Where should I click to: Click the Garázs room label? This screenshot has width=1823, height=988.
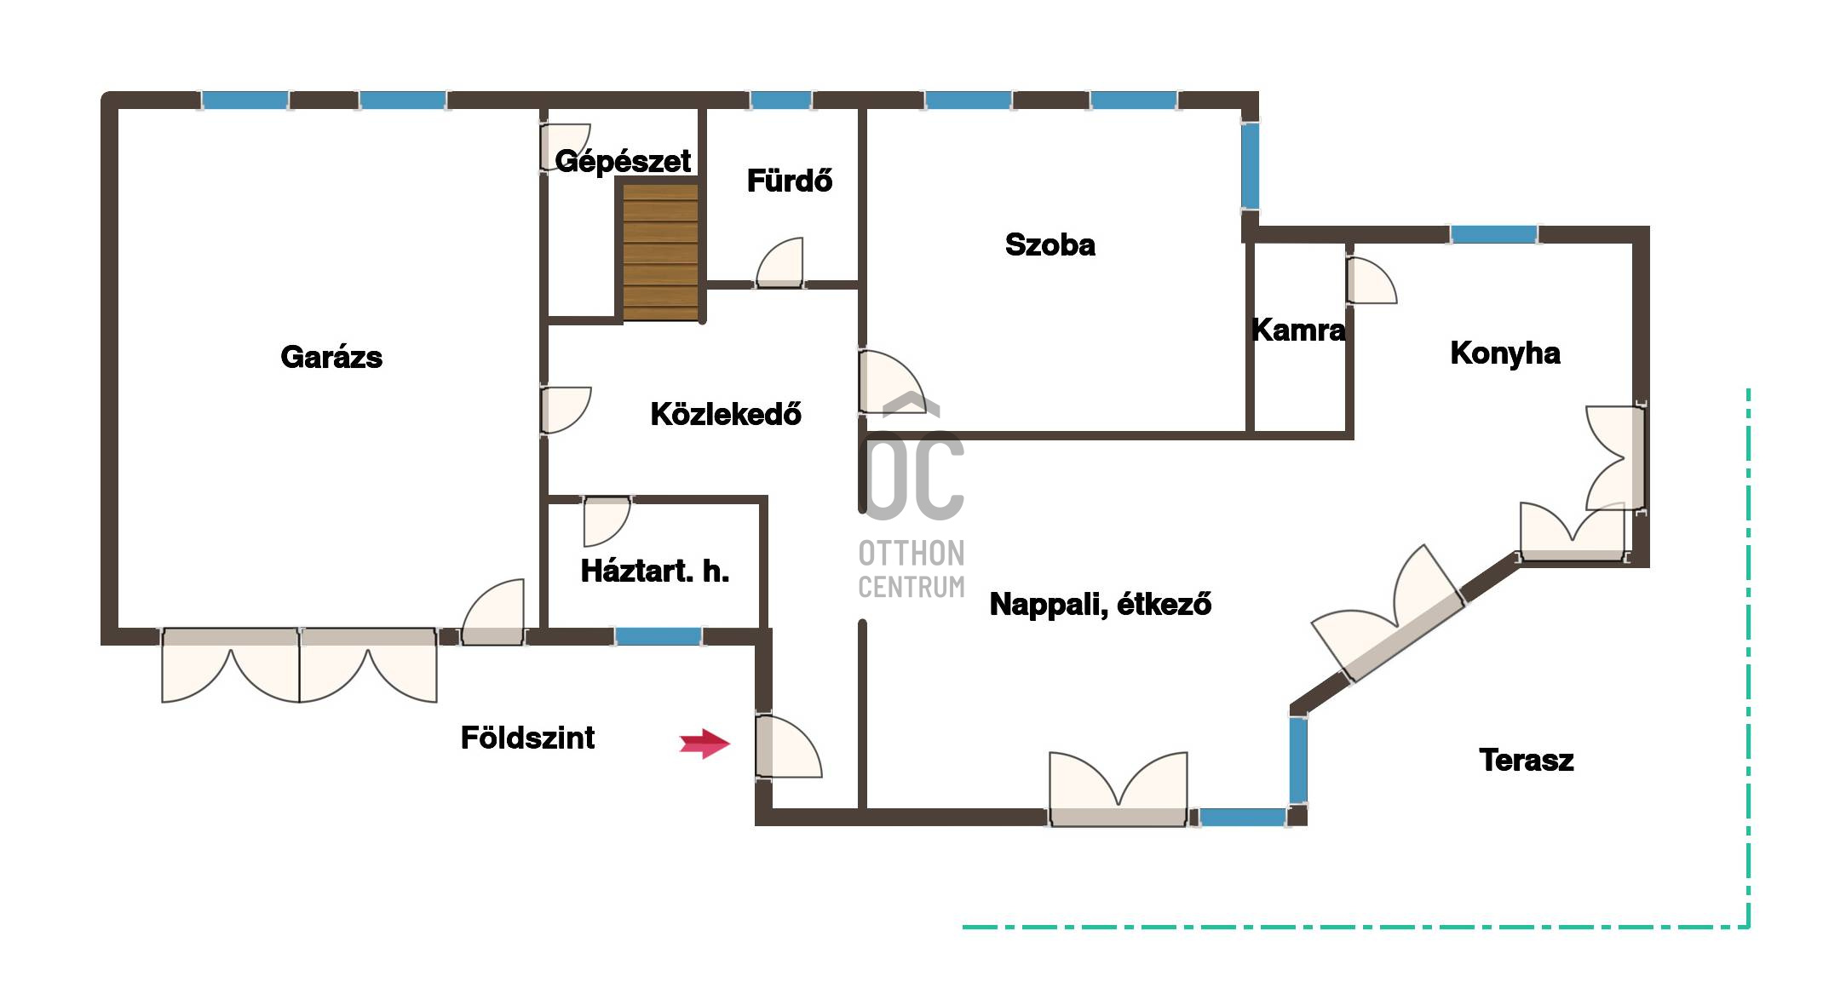pos(331,357)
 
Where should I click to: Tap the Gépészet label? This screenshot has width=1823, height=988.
pos(623,161)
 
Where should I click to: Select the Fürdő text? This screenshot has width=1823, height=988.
pos(790,181)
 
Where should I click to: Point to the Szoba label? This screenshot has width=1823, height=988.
pos(1050,244)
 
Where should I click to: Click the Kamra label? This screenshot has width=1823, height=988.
pos(1298,330)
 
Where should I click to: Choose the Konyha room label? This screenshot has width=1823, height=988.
pos(1505,353)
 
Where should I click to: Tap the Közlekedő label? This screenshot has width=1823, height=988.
pos(726,414)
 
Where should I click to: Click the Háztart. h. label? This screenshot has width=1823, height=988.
pos(655,571)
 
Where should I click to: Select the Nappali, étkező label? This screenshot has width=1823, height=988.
pos(1101,604)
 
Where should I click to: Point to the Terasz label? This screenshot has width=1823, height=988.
pos(1527,760)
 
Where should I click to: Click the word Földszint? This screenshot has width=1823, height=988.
pos(527,738)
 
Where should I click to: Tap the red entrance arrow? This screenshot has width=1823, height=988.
pos(704,744)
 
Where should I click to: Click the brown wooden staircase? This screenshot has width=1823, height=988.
pos(661,252)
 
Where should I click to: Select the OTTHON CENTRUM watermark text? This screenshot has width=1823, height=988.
pos(911,570)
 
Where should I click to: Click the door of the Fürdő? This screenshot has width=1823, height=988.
pos(779,264)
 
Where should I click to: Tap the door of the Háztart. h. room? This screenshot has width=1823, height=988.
pos(607,521)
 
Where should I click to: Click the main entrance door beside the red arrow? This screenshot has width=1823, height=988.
pos(788,746)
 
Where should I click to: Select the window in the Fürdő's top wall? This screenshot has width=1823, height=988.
pos(780,101)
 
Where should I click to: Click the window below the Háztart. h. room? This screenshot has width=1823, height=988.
pos(658,636)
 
